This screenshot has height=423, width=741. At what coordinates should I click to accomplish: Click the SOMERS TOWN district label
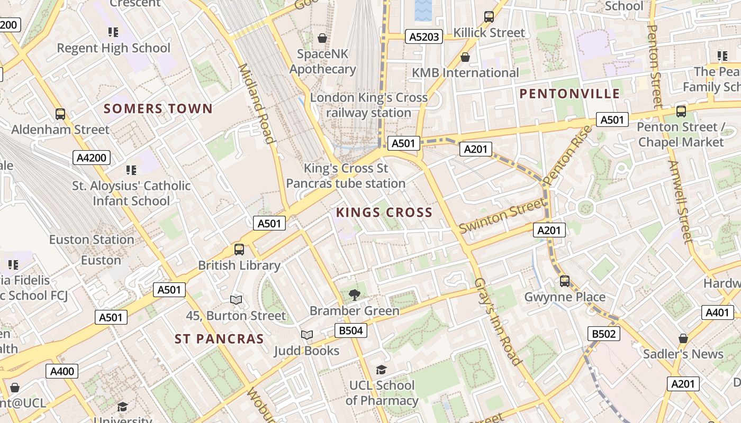(158, 109)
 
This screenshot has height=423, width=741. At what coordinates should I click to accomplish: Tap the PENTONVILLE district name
(570, 94)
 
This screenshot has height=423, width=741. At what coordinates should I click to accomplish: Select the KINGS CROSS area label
(384, 213)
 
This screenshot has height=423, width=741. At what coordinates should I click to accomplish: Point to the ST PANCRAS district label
(219, 339)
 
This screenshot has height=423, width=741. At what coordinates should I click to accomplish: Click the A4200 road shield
(92, 158)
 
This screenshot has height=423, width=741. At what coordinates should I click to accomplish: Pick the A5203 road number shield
(424, 36)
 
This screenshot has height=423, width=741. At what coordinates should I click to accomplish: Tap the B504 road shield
(351, 331)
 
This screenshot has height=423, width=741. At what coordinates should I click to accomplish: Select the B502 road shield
(603, 334)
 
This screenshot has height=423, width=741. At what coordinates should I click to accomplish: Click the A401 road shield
(717, 312)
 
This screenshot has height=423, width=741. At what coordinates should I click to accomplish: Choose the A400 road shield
(62, 371)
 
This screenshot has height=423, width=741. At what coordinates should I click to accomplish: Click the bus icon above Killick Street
(489, 17)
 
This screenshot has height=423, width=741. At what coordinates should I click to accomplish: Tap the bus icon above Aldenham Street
(60, 114)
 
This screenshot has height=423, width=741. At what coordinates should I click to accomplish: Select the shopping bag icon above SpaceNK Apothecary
(322, 38)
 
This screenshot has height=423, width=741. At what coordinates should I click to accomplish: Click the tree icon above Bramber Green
(354, 295)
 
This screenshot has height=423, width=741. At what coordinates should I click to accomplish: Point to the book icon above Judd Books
(306, 335)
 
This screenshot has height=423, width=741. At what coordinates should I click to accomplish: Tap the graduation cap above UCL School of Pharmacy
(381, 369)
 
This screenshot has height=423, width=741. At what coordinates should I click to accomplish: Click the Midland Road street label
(256, 104)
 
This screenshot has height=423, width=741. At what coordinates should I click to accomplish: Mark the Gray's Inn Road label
(498, 321)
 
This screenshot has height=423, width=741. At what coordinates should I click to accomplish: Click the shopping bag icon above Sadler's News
(683, 338)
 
